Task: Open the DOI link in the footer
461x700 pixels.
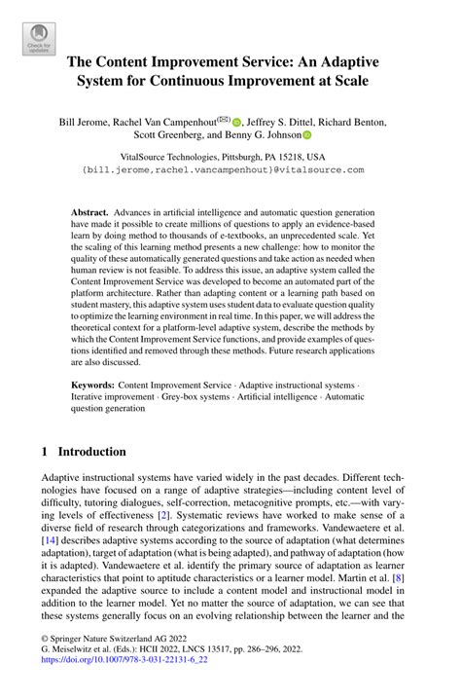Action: (124, 685)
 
